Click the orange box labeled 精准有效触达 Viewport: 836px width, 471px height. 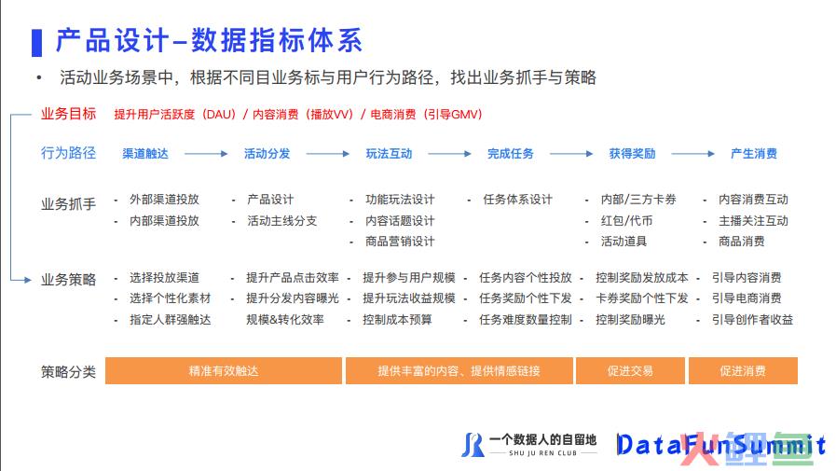tap(224, 370)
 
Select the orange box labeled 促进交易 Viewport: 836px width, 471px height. tap(630, 370)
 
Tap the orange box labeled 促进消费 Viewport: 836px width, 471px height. tap(743, 370)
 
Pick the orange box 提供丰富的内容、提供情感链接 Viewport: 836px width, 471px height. tap(459, 370)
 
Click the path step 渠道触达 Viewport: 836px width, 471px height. tap(145, 154)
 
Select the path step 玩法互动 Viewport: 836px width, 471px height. tap(389, 154)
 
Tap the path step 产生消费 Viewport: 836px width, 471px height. tap(753, 154)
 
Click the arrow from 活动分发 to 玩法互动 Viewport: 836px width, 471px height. tap(328, 154)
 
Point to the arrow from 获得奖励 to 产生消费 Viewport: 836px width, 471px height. tap(692, 154)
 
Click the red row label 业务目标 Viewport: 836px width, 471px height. tap(68, 114)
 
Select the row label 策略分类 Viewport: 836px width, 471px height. tap(68, 371)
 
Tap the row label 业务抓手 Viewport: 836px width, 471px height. tap(68, 203)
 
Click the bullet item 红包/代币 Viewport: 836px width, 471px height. tap(626, 220)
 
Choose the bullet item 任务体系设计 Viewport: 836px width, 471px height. tap(517, 200)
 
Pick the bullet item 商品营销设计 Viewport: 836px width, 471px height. tap(400, 242)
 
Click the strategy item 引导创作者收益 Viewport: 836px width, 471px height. tap(752, 320)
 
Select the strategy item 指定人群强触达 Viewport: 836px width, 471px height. tap(170, 320)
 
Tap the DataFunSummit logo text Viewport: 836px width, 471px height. tap(720, 445)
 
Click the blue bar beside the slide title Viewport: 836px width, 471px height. tap(36, 43)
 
